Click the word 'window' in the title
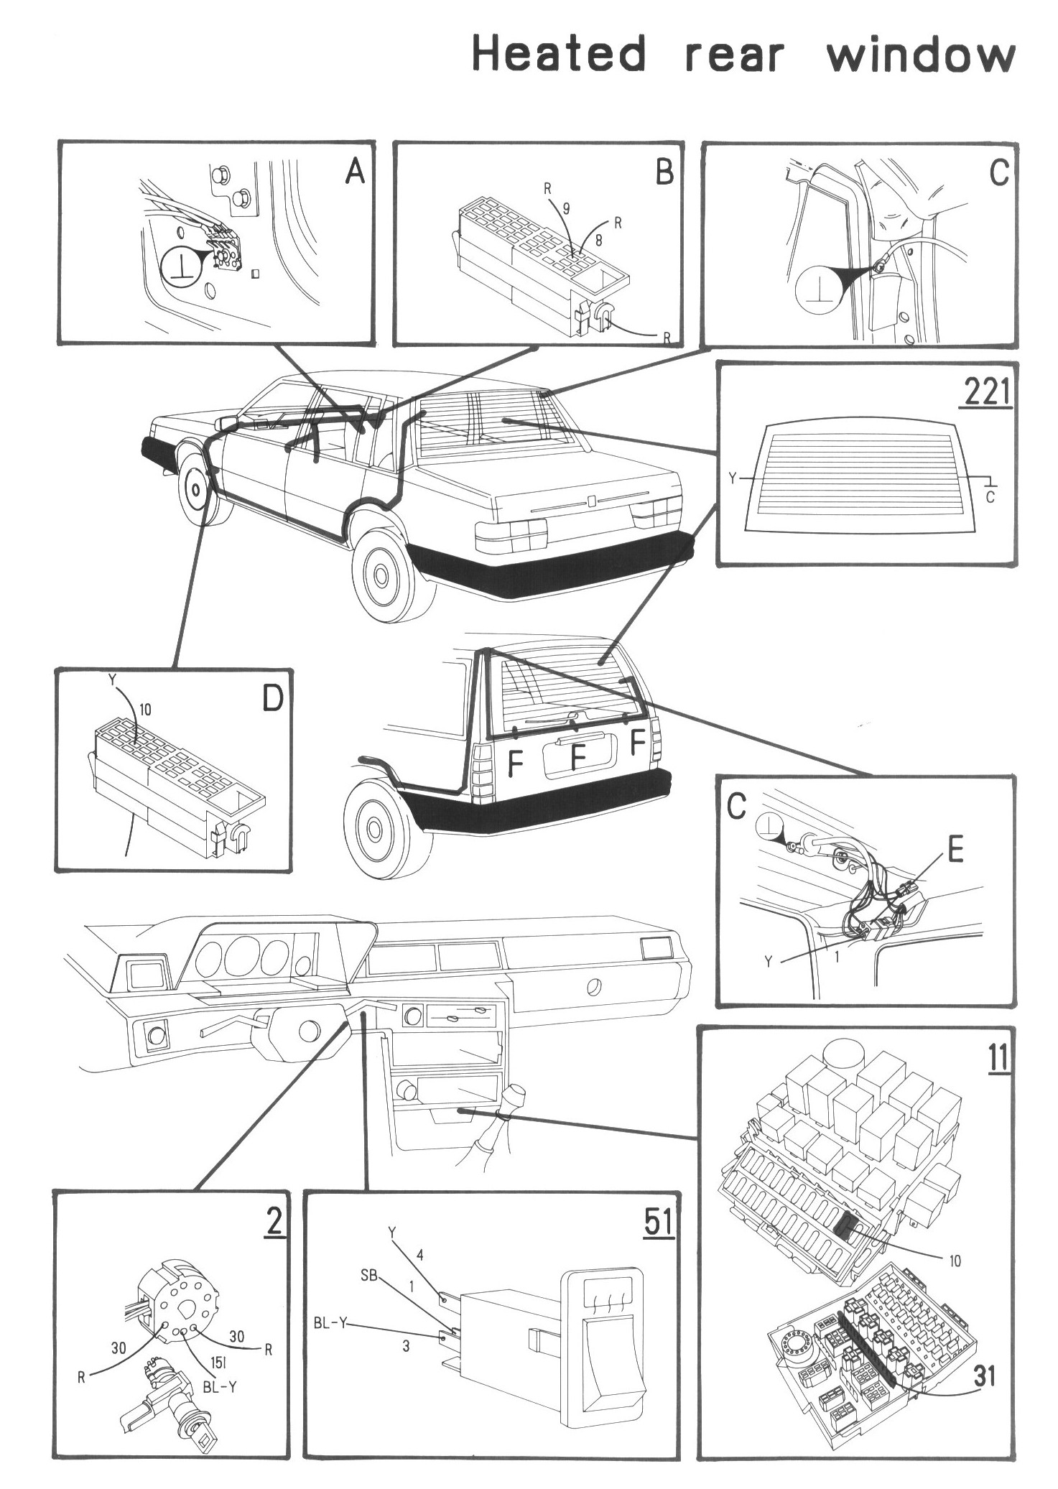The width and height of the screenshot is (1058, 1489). click(x=920, y=55)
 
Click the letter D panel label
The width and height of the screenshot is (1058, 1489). click(x=272, y=698)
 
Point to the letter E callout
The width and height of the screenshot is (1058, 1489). click(x=955, y=850)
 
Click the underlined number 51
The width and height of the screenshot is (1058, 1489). click(x=659, y=1223)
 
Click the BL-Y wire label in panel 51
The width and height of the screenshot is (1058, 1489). click(x=330, y=1322)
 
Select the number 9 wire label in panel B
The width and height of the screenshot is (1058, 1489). click(x=566, y=209)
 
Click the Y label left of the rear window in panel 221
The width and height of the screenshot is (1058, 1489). click(x=733, y=478)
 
